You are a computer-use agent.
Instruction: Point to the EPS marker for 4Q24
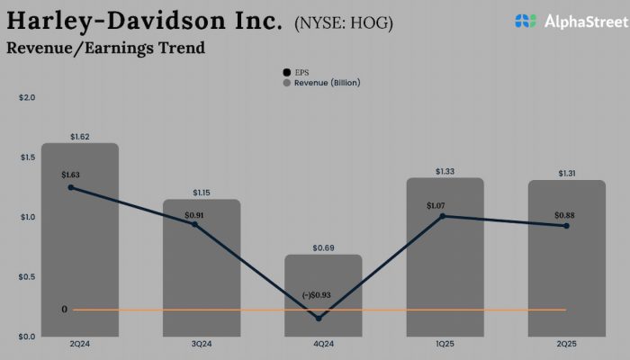tap(319, 318)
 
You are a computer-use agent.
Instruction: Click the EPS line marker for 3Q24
tap(193, 223)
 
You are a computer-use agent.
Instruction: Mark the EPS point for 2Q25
tap(566, 226)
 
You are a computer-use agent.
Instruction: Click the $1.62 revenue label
tap(80, 137)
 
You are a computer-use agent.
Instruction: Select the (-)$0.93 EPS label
tap(322, 295)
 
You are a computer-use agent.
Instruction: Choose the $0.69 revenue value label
tap(323, 247)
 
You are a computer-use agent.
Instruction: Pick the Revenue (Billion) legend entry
tap(322, 82)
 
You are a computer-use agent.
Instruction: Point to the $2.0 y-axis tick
tap(26, 97)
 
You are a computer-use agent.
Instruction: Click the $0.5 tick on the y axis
tap(26, 276)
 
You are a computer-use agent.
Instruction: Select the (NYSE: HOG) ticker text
tap(343, 22)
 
